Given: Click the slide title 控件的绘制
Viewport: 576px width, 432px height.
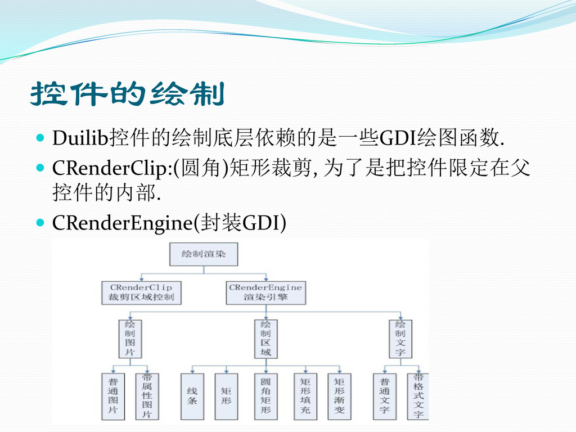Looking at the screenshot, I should (127, 94).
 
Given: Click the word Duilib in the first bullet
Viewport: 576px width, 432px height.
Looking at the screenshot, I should (81, 137).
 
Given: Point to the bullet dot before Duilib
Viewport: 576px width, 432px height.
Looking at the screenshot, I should (39, 137).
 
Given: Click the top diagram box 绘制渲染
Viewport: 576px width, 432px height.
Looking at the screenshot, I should (204, 255).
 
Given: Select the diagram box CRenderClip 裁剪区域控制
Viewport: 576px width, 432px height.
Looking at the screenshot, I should (142, 292).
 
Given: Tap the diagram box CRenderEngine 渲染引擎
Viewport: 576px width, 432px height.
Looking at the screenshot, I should (265, 292).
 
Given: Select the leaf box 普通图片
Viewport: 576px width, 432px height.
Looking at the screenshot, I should (113, 396).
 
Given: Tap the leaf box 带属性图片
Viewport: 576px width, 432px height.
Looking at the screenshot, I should (147, 396).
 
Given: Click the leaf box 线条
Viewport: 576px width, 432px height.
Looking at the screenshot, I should (192, 396).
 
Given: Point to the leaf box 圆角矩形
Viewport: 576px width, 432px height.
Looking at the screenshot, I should (265, 396).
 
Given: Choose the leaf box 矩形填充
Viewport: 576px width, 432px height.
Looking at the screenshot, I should (305, 396).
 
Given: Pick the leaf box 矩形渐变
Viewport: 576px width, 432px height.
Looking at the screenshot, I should (339, 396).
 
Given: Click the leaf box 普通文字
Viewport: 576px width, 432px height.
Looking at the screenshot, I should (384, 396).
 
